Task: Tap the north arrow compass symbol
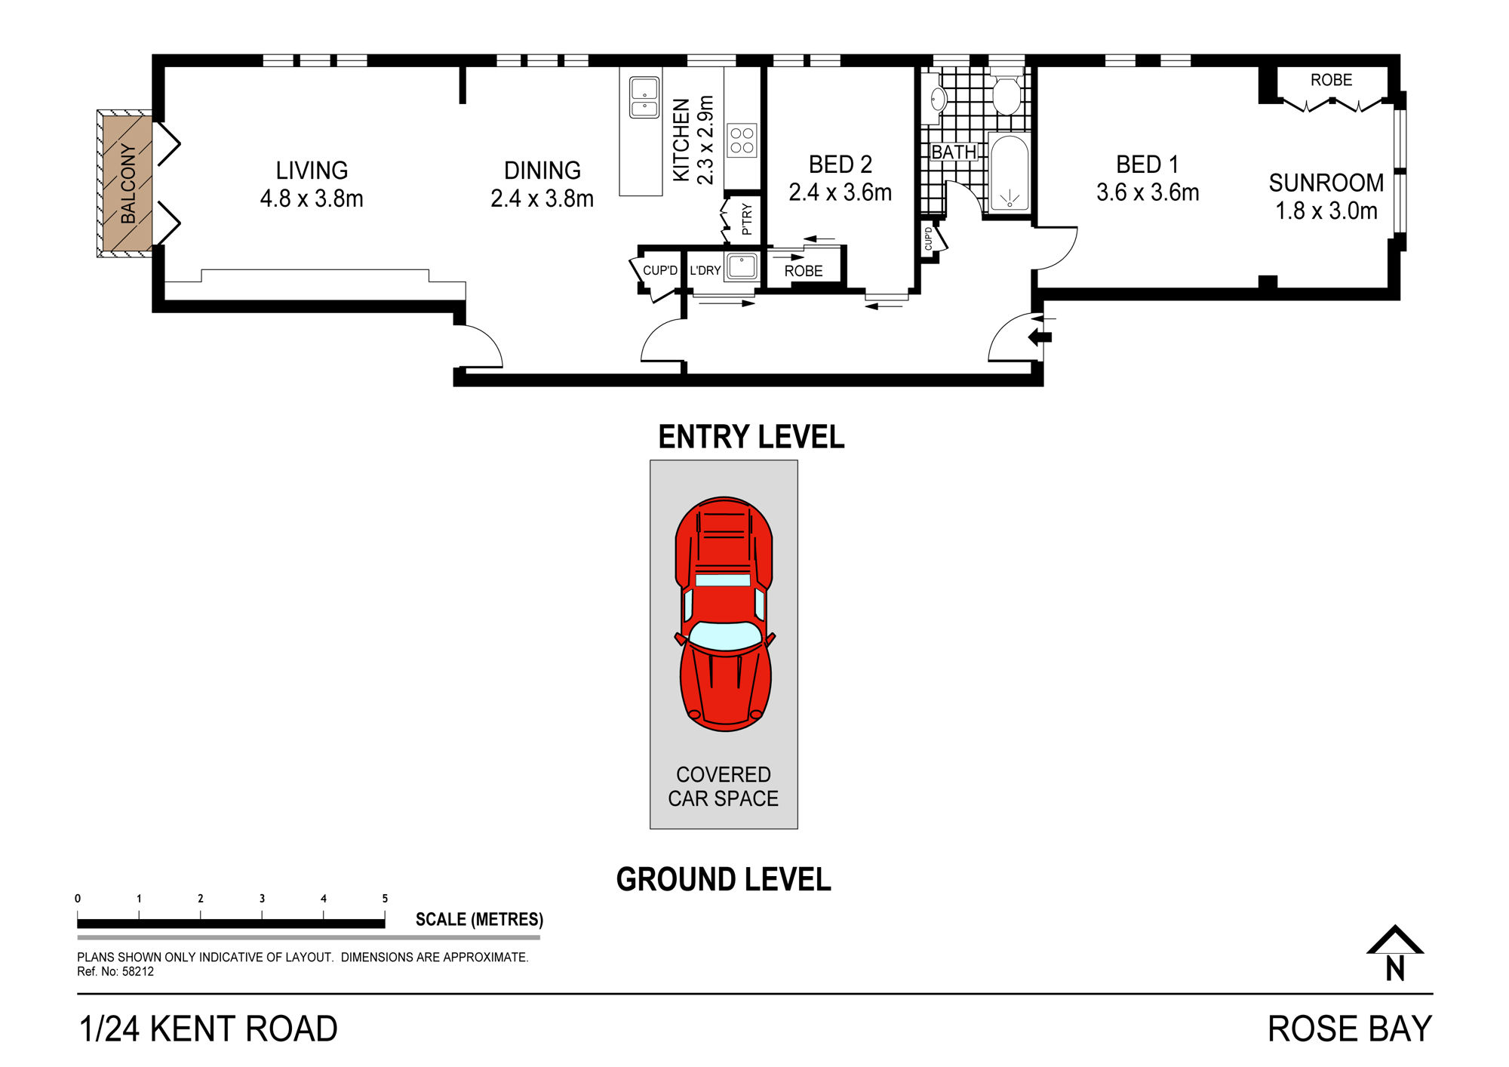tap(1395, 953)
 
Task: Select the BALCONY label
tap(128, 184)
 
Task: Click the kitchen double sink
tap(644, 98)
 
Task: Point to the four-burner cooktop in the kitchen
tap(742, 140)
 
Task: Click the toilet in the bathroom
tap(1007, 91)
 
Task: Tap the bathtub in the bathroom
tap(1009, 173)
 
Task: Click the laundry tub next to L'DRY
tap(742, 267)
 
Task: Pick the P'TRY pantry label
tap(747, 219)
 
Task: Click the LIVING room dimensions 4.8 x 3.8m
tap(312, 198)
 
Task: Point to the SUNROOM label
tap(1326, 183)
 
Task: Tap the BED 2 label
tap(841, 165)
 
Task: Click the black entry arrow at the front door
tap(1040, 337)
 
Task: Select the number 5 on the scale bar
tap(385, 899)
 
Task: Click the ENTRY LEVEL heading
tap(751, 437)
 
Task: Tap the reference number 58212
tap(138, 972)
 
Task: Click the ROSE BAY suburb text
tap(1350, 1029)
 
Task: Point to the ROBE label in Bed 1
tap(1331, 80)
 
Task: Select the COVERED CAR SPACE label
tap(724, 786)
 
